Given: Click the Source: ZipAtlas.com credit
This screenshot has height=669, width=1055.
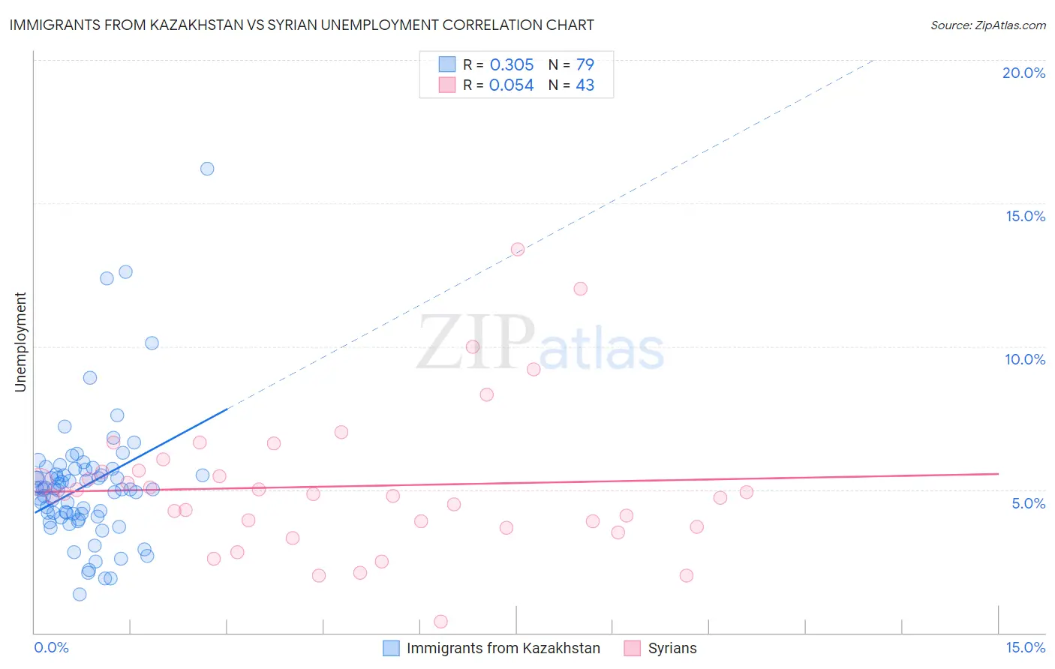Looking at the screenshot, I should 987,25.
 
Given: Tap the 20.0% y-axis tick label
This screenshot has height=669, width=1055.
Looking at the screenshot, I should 1023,73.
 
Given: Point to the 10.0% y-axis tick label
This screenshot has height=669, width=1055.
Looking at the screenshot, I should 1025,359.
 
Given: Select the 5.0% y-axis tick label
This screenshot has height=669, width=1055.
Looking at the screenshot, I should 1028,503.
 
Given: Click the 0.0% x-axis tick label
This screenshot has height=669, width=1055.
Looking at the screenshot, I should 51,647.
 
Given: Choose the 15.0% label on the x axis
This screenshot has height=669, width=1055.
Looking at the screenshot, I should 1025,647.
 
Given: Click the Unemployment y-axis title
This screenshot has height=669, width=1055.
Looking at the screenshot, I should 20,342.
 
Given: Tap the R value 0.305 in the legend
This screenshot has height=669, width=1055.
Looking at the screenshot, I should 512,64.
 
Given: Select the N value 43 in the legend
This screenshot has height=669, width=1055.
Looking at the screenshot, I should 585,85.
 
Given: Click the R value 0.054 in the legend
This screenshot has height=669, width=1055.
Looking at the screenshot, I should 511,85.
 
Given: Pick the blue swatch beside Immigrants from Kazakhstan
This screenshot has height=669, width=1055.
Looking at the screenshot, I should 391,648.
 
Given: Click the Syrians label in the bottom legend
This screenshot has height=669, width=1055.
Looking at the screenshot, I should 672,648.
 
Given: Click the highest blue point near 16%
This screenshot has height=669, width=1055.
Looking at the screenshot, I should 207,169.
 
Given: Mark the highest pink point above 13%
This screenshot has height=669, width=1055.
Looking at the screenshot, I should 517,250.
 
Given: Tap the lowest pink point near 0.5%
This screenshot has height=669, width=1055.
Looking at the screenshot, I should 440,622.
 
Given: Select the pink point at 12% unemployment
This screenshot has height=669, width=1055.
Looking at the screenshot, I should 580,289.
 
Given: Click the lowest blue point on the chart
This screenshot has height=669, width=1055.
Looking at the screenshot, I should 80,595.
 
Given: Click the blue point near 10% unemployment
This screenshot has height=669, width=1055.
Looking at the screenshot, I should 152,343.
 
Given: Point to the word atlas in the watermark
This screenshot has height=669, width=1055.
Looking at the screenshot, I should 602,349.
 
